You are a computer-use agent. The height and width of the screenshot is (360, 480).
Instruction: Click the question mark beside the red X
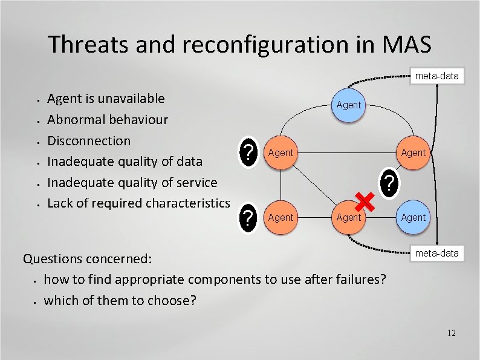(x=390, y=182)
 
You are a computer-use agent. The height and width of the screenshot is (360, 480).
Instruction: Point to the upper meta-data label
(x=436, y=76)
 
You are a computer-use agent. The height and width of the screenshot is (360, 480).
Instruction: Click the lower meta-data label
(x=436, y=253)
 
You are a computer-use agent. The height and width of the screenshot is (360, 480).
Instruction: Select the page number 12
(x=452, y=333)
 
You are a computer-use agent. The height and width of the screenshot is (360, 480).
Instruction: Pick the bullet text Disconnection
(x=89, y=140)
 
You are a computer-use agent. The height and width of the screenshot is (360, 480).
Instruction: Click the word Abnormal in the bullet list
(x=76, y=119)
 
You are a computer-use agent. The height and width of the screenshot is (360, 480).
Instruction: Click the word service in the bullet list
(x=195, y=182)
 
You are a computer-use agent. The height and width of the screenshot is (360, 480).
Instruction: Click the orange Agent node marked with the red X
(x=348, y=217)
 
